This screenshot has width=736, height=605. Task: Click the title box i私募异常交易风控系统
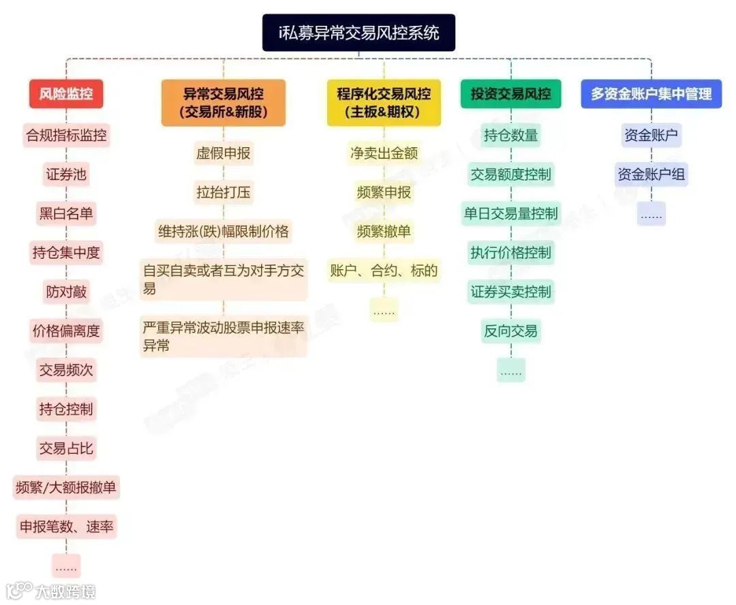pyautogui.click(x=358, y=33)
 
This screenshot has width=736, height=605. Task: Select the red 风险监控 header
pyautogui.click(x=66, y=94)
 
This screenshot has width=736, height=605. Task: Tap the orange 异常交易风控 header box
pyautogui.click(x=223, y=103)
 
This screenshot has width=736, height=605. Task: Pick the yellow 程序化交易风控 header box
pyautogui.click(x=384, y=103)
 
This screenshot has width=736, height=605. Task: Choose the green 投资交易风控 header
pyautogui.click(x=510, y=94)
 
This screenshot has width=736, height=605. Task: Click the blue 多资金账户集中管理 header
pyautogui.click(x=651, y=94)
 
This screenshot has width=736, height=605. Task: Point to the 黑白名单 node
pyautogui.click(x=66, y=214)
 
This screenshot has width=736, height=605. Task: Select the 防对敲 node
pyautogui.click(x=66, y=292)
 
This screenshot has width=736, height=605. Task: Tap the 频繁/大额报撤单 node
pyautogui.click(x=66, y=488)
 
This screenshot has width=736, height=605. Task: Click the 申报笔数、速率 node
pyautogui.click(x=66, y=527)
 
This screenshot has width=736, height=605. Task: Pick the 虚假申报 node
pyautogui.click(x=223, y=153)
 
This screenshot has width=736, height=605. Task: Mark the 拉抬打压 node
pyautogui.click(x=223, y=193)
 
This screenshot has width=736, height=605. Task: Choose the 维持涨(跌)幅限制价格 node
pyautogui.click(x=223, y=232)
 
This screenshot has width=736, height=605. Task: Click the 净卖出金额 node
pyautogui.click(x=384, y=153)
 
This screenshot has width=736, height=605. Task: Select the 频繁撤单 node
pyautogui.click(x=384, y=232)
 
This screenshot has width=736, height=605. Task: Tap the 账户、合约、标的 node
pyautogui.click(x=384, y=270)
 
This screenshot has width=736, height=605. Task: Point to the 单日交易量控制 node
pyautogui.click(x=510, y=214)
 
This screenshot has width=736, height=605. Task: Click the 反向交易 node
pyautogui.click(x=510, y=332)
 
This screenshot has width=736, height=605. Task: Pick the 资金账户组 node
pyautogui.click(x=651, y=174)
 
